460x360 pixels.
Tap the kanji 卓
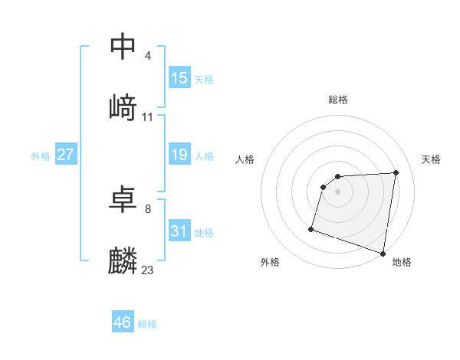[123, 199]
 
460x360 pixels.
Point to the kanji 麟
[123, 261]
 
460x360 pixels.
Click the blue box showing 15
[179, 78]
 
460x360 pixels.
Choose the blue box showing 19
[179, 155]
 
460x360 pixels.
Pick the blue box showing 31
[179, 231]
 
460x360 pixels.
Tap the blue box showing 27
[66, 155]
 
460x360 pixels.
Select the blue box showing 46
[123, 322]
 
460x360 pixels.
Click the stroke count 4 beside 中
[147, 56]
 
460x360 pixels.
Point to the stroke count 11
[148, 117]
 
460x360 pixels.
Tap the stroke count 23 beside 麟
[148, 270]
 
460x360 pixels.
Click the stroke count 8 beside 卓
[147, 208]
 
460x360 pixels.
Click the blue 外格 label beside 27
[41, 156]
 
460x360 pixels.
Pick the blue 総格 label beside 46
[147, 324]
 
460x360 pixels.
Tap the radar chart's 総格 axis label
[338, 100]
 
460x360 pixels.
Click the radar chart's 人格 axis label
[245, 159]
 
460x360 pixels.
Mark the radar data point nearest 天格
[396, 172]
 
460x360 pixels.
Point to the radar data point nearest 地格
[383, 253]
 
